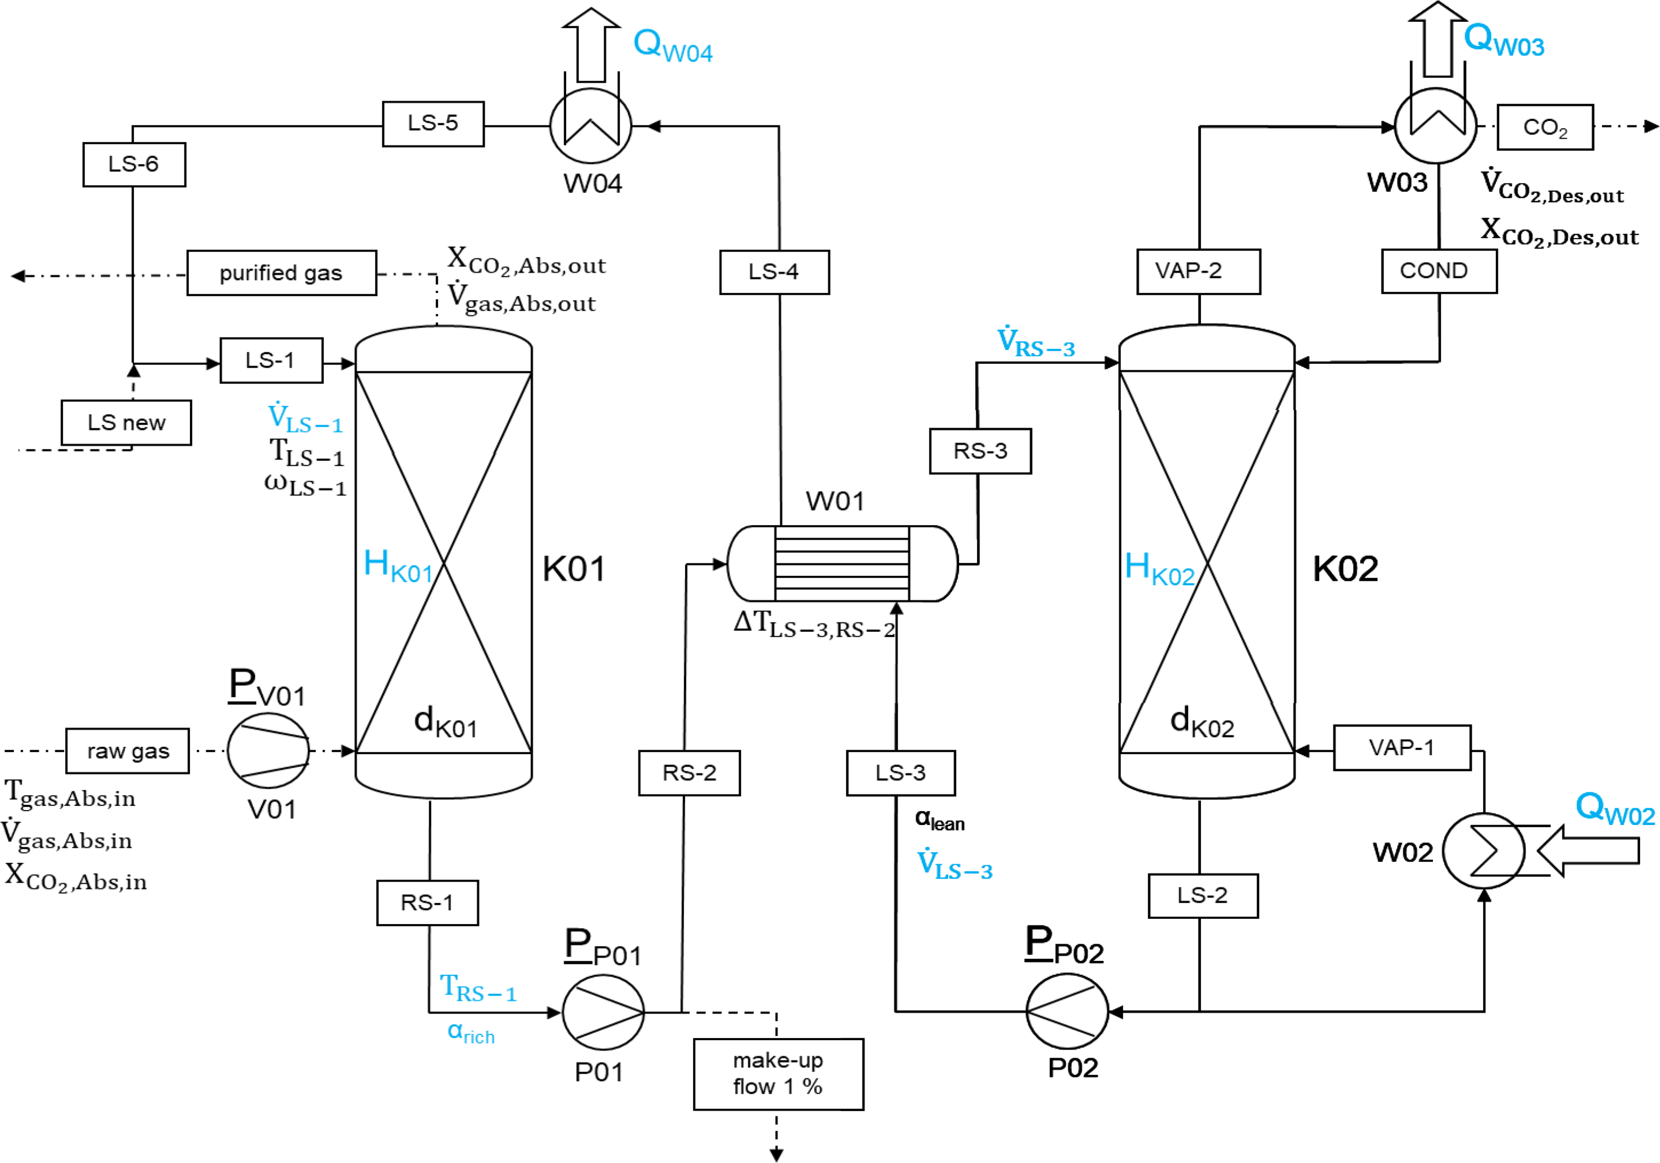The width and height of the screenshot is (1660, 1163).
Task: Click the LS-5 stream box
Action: pyautogui.click(x=433, y=123)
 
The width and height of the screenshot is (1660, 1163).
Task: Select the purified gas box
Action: pyautogui.click(x=281, y=273)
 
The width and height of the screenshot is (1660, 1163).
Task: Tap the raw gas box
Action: pyautogui.click(x=127, y=751)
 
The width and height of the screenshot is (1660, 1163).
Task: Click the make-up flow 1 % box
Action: pyautogui.click(x=778, y=1074)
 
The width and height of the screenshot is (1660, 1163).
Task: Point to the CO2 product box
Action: pyautogui.click(x=1545, y=127)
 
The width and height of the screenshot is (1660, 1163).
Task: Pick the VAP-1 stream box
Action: pyautogui.click(x=1402, y=747)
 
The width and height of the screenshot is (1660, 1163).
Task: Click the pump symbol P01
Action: pyautogui.click(x=603, y=1012)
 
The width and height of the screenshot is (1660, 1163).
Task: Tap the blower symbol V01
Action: pyautogui.click(x=268, y=751)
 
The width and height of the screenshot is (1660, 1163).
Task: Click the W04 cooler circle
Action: pyautogui.click(x=591, y=126)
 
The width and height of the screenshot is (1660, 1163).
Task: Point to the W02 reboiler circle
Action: pyautogui.click(x=1484, y=851)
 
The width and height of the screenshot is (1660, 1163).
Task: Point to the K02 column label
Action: pyautogui.click(x=1345, y=569)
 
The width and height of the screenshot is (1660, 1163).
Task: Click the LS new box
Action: pyautogui.click(x=126, y=423)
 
